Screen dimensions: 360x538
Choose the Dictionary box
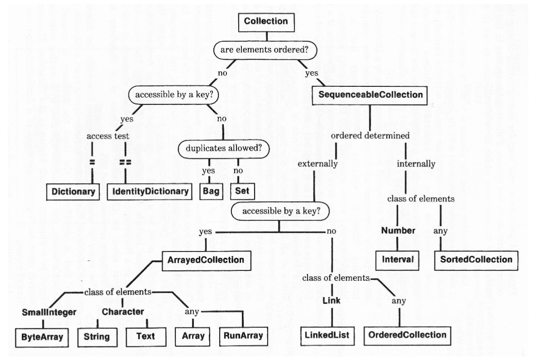click(73, 191)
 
